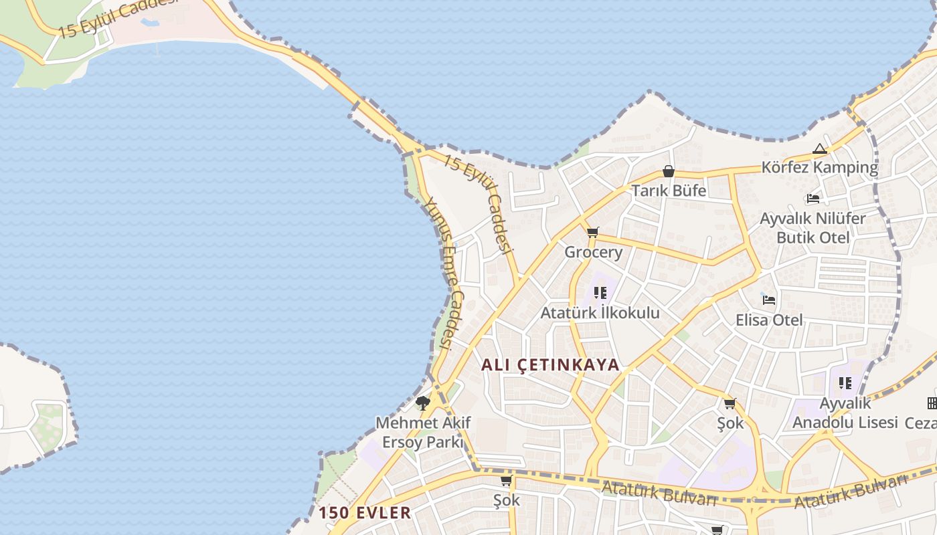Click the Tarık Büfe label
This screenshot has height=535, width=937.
pyautogui.click(x=669, y=191)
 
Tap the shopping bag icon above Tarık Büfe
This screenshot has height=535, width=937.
pyautogui.click(x=668, y=171)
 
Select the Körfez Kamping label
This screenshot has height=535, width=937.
pyautogui.click(x=819, y=167)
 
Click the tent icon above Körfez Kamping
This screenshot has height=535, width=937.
pyautogui.click(x=820, y=149)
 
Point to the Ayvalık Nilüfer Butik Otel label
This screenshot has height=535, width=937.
pyautogui.click(x=813, y=228)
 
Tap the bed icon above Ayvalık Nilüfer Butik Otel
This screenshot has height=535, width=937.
pyautogui.click(x=813, y=199)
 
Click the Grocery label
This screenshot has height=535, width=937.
pyautogui.click(x=593, y=252)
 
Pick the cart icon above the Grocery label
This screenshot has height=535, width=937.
pyautogui.click(x=592, y=233)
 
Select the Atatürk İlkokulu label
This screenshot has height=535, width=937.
pyautogui.click(x=600, y=312)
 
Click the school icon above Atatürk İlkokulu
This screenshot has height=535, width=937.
pyautogui.click(x=600, y=293)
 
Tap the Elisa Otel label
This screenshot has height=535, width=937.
pyautogui.click(x=769, y=320)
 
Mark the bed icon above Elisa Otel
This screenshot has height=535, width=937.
pyautogui.click(x=769, y=300)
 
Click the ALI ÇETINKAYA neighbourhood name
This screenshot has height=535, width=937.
pyautogui.click(x=551, y=365)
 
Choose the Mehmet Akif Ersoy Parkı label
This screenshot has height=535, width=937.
pyautogui.click(x=423, y=432)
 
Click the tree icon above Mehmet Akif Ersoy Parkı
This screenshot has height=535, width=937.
pyautogui.click(x=422, y=403)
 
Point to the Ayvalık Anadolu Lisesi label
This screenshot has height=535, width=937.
pyautogui.click(x=845, y=413)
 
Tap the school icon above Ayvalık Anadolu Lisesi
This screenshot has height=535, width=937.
pyautogui.click(x=845, y=383)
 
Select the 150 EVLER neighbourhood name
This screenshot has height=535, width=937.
pyautogui.click(x=365, y=513)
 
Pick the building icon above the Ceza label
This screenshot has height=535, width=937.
pyautogui.click(x=932, y=403)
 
